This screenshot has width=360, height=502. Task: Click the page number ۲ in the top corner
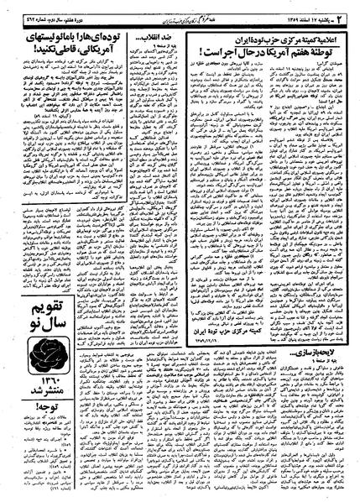pos(348,10)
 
